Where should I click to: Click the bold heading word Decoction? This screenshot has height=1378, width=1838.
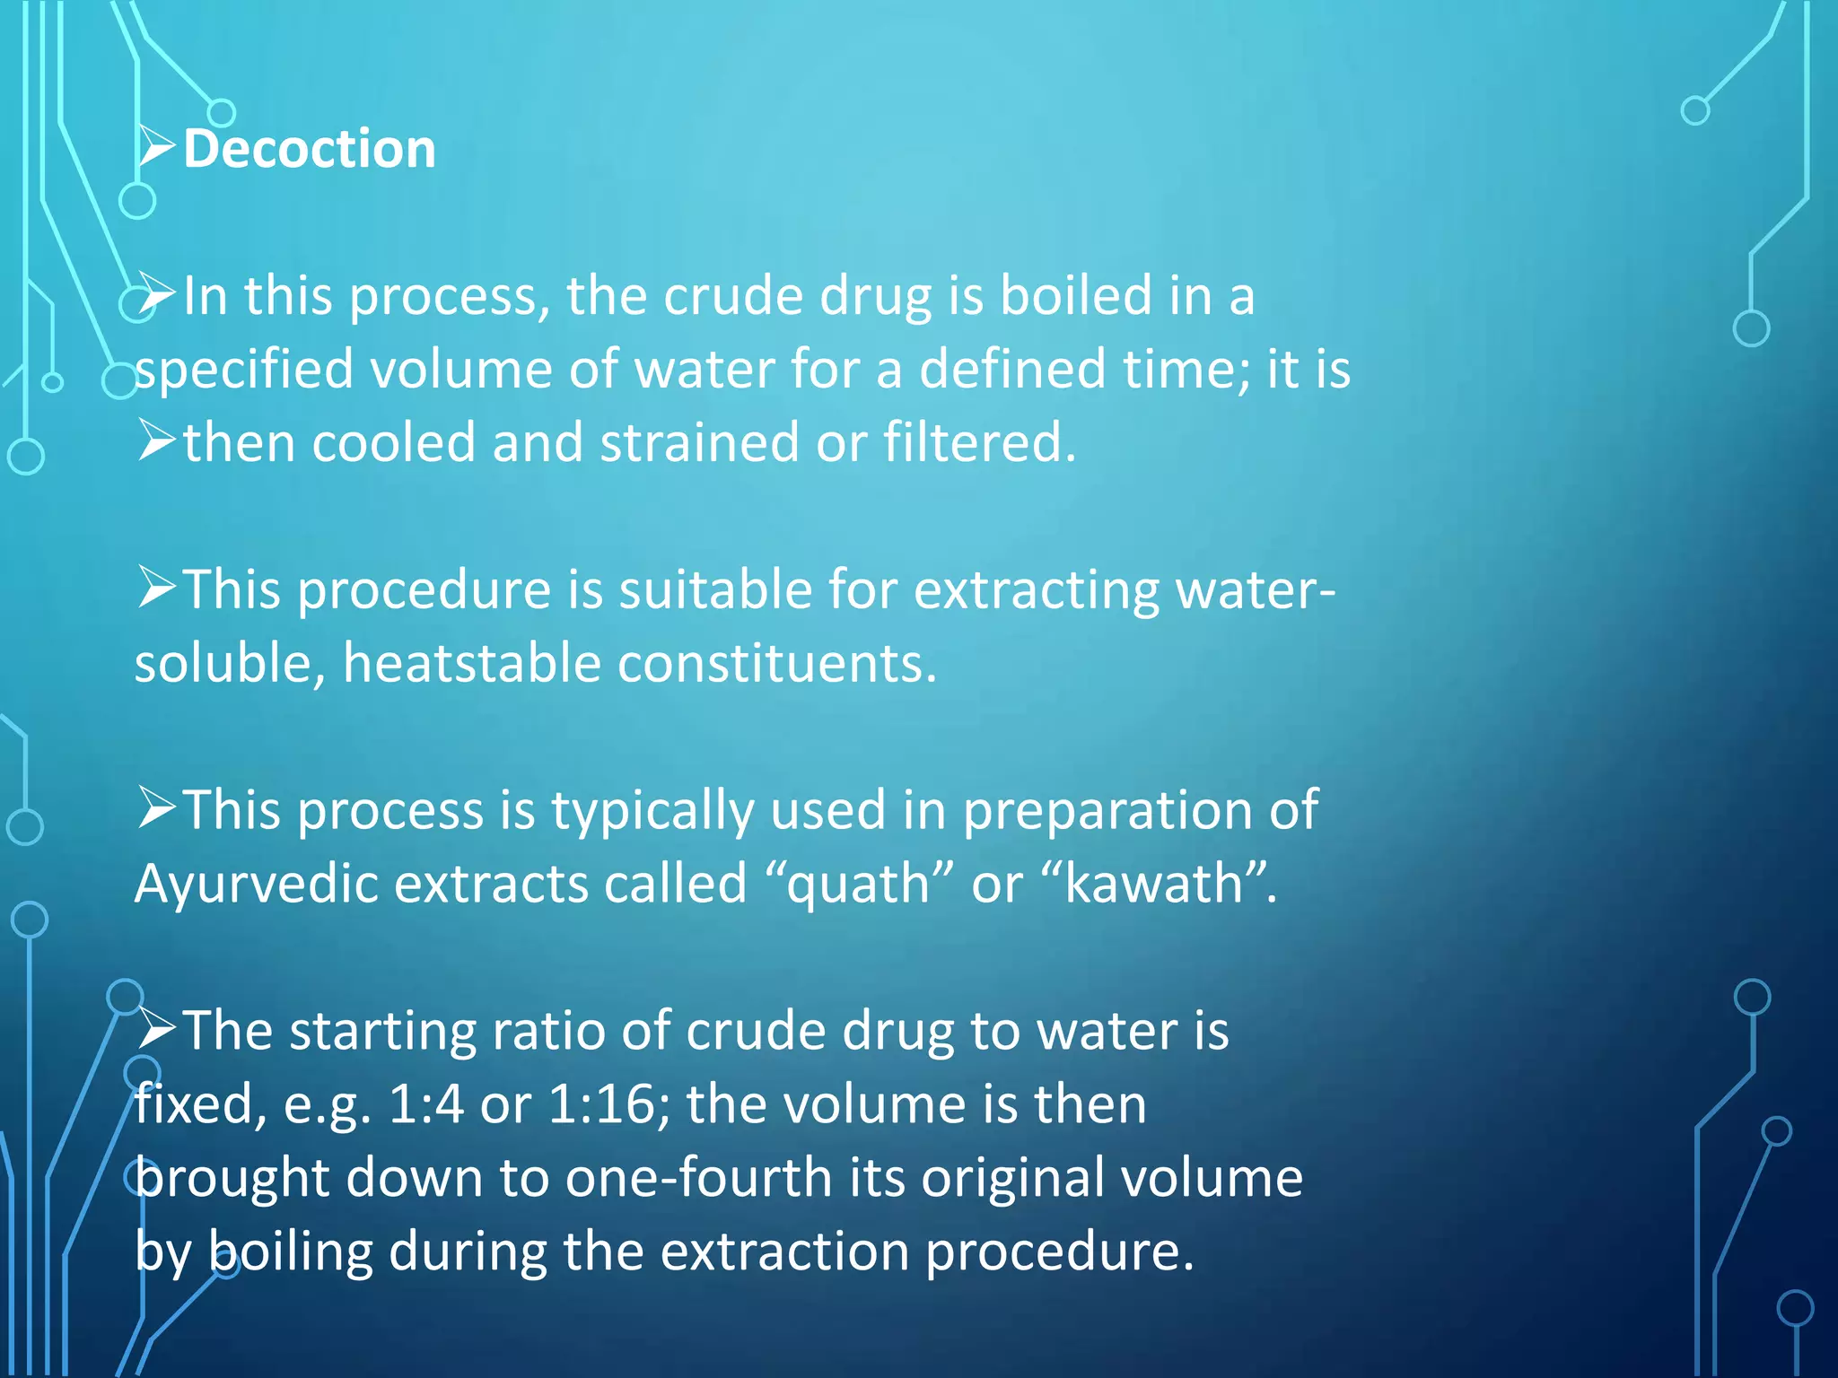point(310,149)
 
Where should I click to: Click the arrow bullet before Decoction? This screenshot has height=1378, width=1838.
point(156,147)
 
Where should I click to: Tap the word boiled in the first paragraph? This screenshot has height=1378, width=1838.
point(1076,296)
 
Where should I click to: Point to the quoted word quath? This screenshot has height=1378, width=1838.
point(859,885)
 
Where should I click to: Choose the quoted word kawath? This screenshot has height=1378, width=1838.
point(1153,885)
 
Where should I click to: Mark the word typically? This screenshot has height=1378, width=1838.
point(652,811)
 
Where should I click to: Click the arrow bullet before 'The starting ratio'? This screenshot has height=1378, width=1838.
point(156,1029)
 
